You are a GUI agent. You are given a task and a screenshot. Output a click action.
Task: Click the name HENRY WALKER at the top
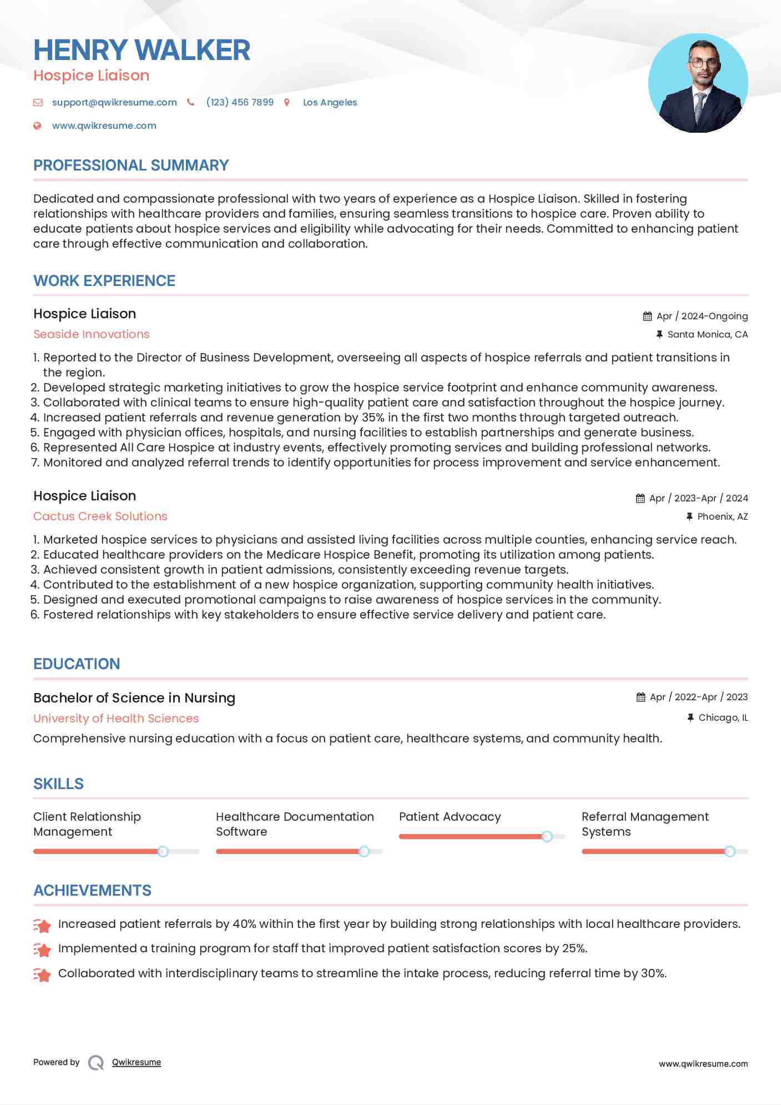tap(142, 50)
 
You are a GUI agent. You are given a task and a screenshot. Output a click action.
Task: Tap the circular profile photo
tap(698, 83)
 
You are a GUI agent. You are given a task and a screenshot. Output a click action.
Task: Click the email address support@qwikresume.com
tap(114, 102)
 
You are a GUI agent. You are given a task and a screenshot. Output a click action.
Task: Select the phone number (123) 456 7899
tap(240, 102)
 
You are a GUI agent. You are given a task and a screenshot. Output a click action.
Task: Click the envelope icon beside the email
tap(38, 102)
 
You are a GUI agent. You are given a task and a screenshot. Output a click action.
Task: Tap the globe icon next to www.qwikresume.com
tap(37, 125)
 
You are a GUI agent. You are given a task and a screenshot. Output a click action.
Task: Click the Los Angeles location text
tap(330, 102)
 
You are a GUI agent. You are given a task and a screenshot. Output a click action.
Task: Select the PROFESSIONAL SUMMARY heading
tap(131, 165)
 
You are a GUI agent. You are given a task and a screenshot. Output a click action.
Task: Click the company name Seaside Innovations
tap(92, 334)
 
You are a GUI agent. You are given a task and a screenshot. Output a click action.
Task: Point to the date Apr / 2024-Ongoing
tap(702, 316)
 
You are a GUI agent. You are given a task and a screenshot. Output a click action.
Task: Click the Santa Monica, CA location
tap(707, 334)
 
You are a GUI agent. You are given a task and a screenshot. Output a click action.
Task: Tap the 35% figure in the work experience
tap(373, 418)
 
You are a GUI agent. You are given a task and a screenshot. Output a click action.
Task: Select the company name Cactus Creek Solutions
tap(100, 516)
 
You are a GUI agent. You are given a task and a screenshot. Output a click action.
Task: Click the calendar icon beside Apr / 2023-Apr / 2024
tap(641, 498)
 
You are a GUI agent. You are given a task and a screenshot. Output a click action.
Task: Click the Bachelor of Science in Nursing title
tap(134, 698)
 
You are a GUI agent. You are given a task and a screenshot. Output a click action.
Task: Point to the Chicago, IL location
tap(723, 717)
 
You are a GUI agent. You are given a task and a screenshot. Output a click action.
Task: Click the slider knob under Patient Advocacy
tap(547, 836)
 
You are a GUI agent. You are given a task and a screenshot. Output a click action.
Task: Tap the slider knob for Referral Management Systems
tap(729, 851)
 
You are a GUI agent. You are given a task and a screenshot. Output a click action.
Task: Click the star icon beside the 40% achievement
tap(42, 925)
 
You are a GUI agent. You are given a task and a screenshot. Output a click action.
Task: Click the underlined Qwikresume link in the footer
tap(137, 1062)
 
